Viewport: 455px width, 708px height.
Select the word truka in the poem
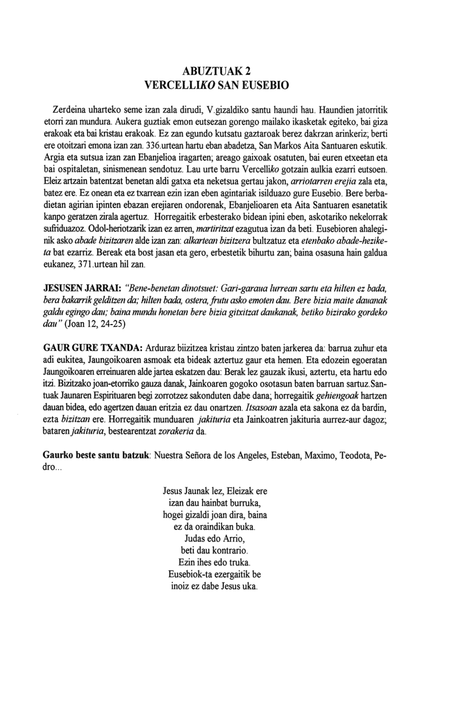coord(238,563)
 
